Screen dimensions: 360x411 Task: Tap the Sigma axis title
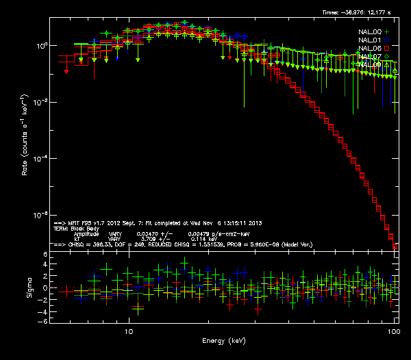(28, 287)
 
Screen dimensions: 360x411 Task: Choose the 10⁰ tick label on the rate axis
(40, 45)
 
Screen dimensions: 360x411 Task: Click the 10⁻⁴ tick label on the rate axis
(40, 158)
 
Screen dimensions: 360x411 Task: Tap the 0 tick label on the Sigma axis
(45, 288)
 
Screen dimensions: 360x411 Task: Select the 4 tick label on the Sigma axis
(45, 266)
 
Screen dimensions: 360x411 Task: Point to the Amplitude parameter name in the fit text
(86, 234)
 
